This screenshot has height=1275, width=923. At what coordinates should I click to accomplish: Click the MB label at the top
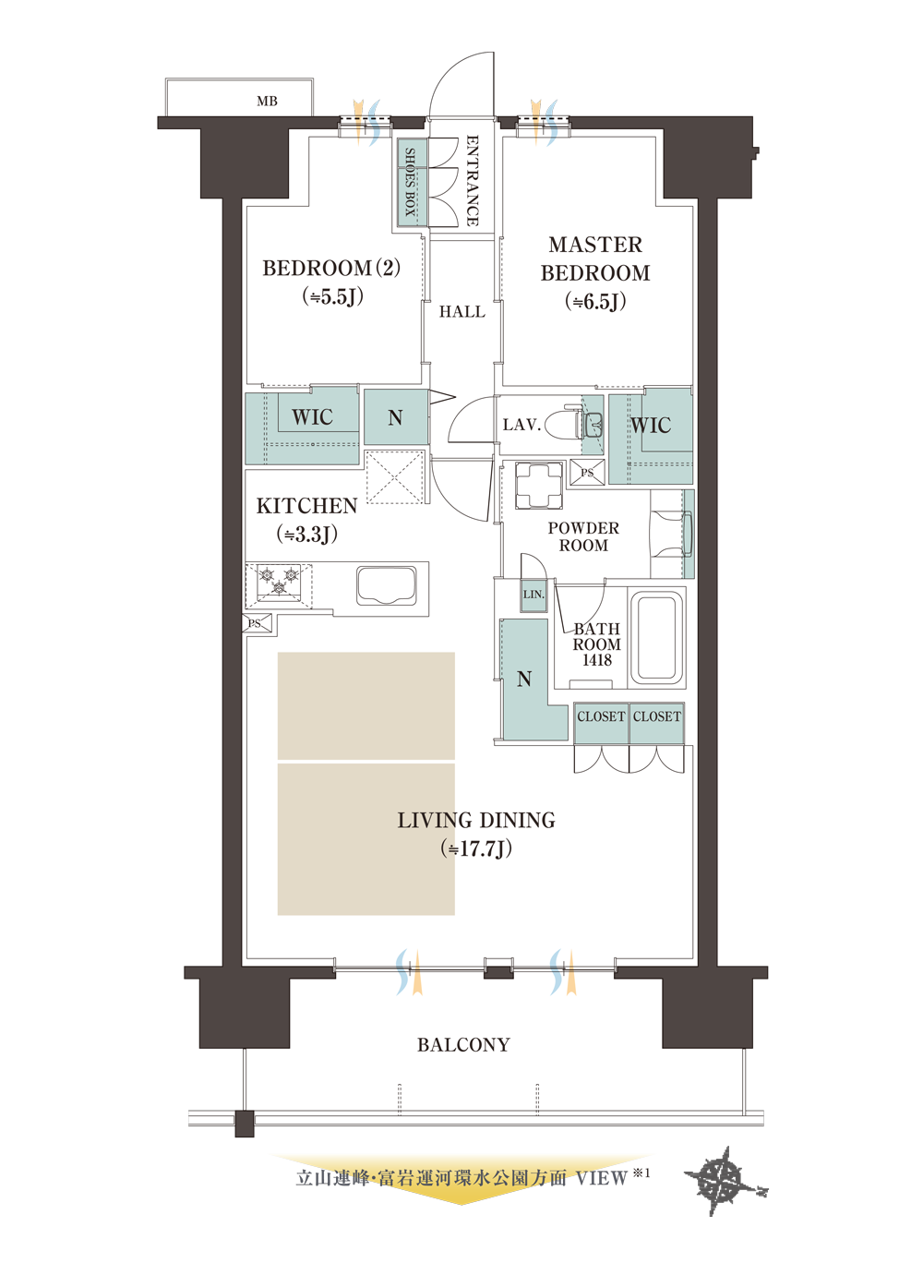(267, 102)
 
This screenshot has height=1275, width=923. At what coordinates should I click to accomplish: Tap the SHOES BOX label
(410, 182)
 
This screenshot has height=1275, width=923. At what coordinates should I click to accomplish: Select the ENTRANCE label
(473, 180)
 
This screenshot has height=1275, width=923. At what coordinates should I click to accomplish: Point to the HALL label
(462, 311)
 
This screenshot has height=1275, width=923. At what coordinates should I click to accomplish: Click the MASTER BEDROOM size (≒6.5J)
(595, 301)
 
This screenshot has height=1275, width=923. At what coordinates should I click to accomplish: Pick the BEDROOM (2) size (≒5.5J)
(333, 296)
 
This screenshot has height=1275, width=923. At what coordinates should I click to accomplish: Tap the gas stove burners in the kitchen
(279, 582)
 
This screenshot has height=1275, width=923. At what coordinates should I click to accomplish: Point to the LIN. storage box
(533, 595)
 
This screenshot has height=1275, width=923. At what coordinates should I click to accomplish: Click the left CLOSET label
(601, 717)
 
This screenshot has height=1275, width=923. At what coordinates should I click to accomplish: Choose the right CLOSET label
(656, 717)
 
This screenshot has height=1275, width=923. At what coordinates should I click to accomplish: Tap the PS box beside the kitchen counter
(258, 624)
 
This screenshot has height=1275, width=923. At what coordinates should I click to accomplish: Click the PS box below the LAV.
(587, 473)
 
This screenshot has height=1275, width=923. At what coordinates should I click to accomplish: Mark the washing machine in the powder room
(538, 485)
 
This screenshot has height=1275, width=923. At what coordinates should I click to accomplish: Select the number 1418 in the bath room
(596, 660)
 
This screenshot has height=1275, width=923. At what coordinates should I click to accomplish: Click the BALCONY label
(463, 1045)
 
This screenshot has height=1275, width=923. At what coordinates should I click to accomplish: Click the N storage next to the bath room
(524, 680)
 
